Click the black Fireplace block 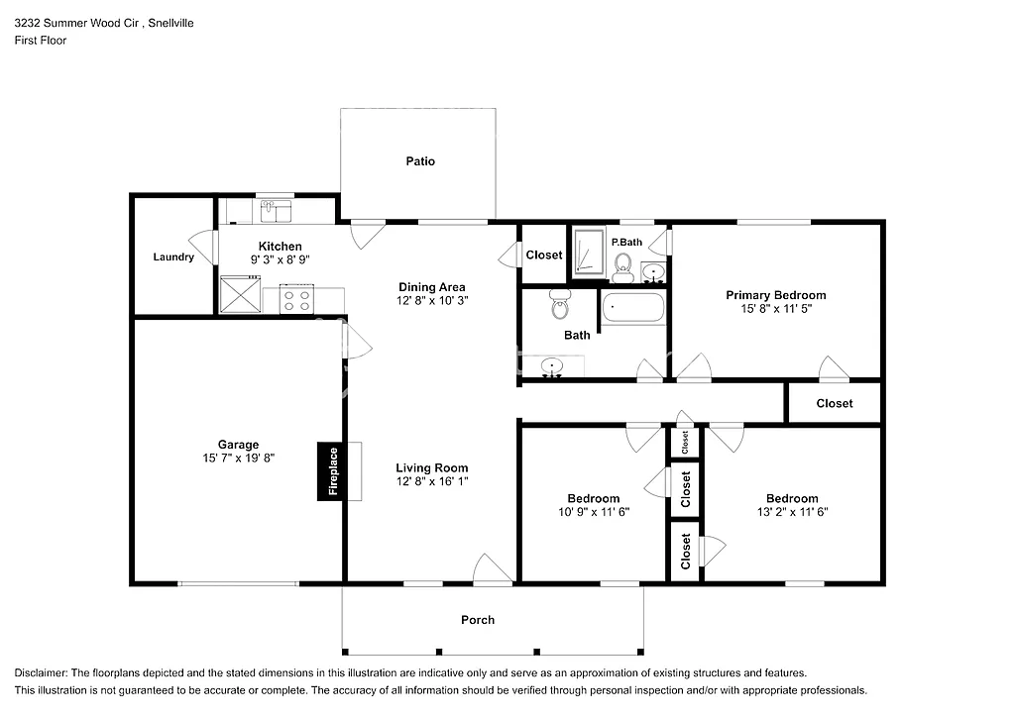tap(332, 470)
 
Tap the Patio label tap(419, 161)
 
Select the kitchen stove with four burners tap(296, 299)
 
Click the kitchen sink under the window tap(276, 211)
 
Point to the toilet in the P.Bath tap(623, 263)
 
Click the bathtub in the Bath tap(633, 307)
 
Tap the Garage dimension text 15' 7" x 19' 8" tap(238, 459)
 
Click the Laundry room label tap(173, 257)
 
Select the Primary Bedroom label tap(775, 295)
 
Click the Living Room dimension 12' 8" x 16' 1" tap(431, 481)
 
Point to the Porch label tap(478, 620)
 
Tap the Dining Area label tap(431, 287)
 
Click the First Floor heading tap(41, 41)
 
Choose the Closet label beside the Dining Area tap(543, 256)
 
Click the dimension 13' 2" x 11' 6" tap(791, 512)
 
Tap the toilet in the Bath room tap(559, 306)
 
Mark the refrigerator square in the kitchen tap(239, 294)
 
